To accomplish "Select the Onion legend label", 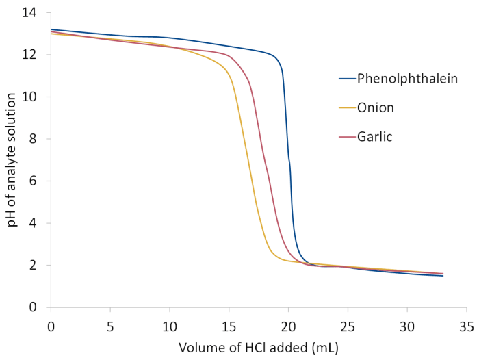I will pos(376,107).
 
